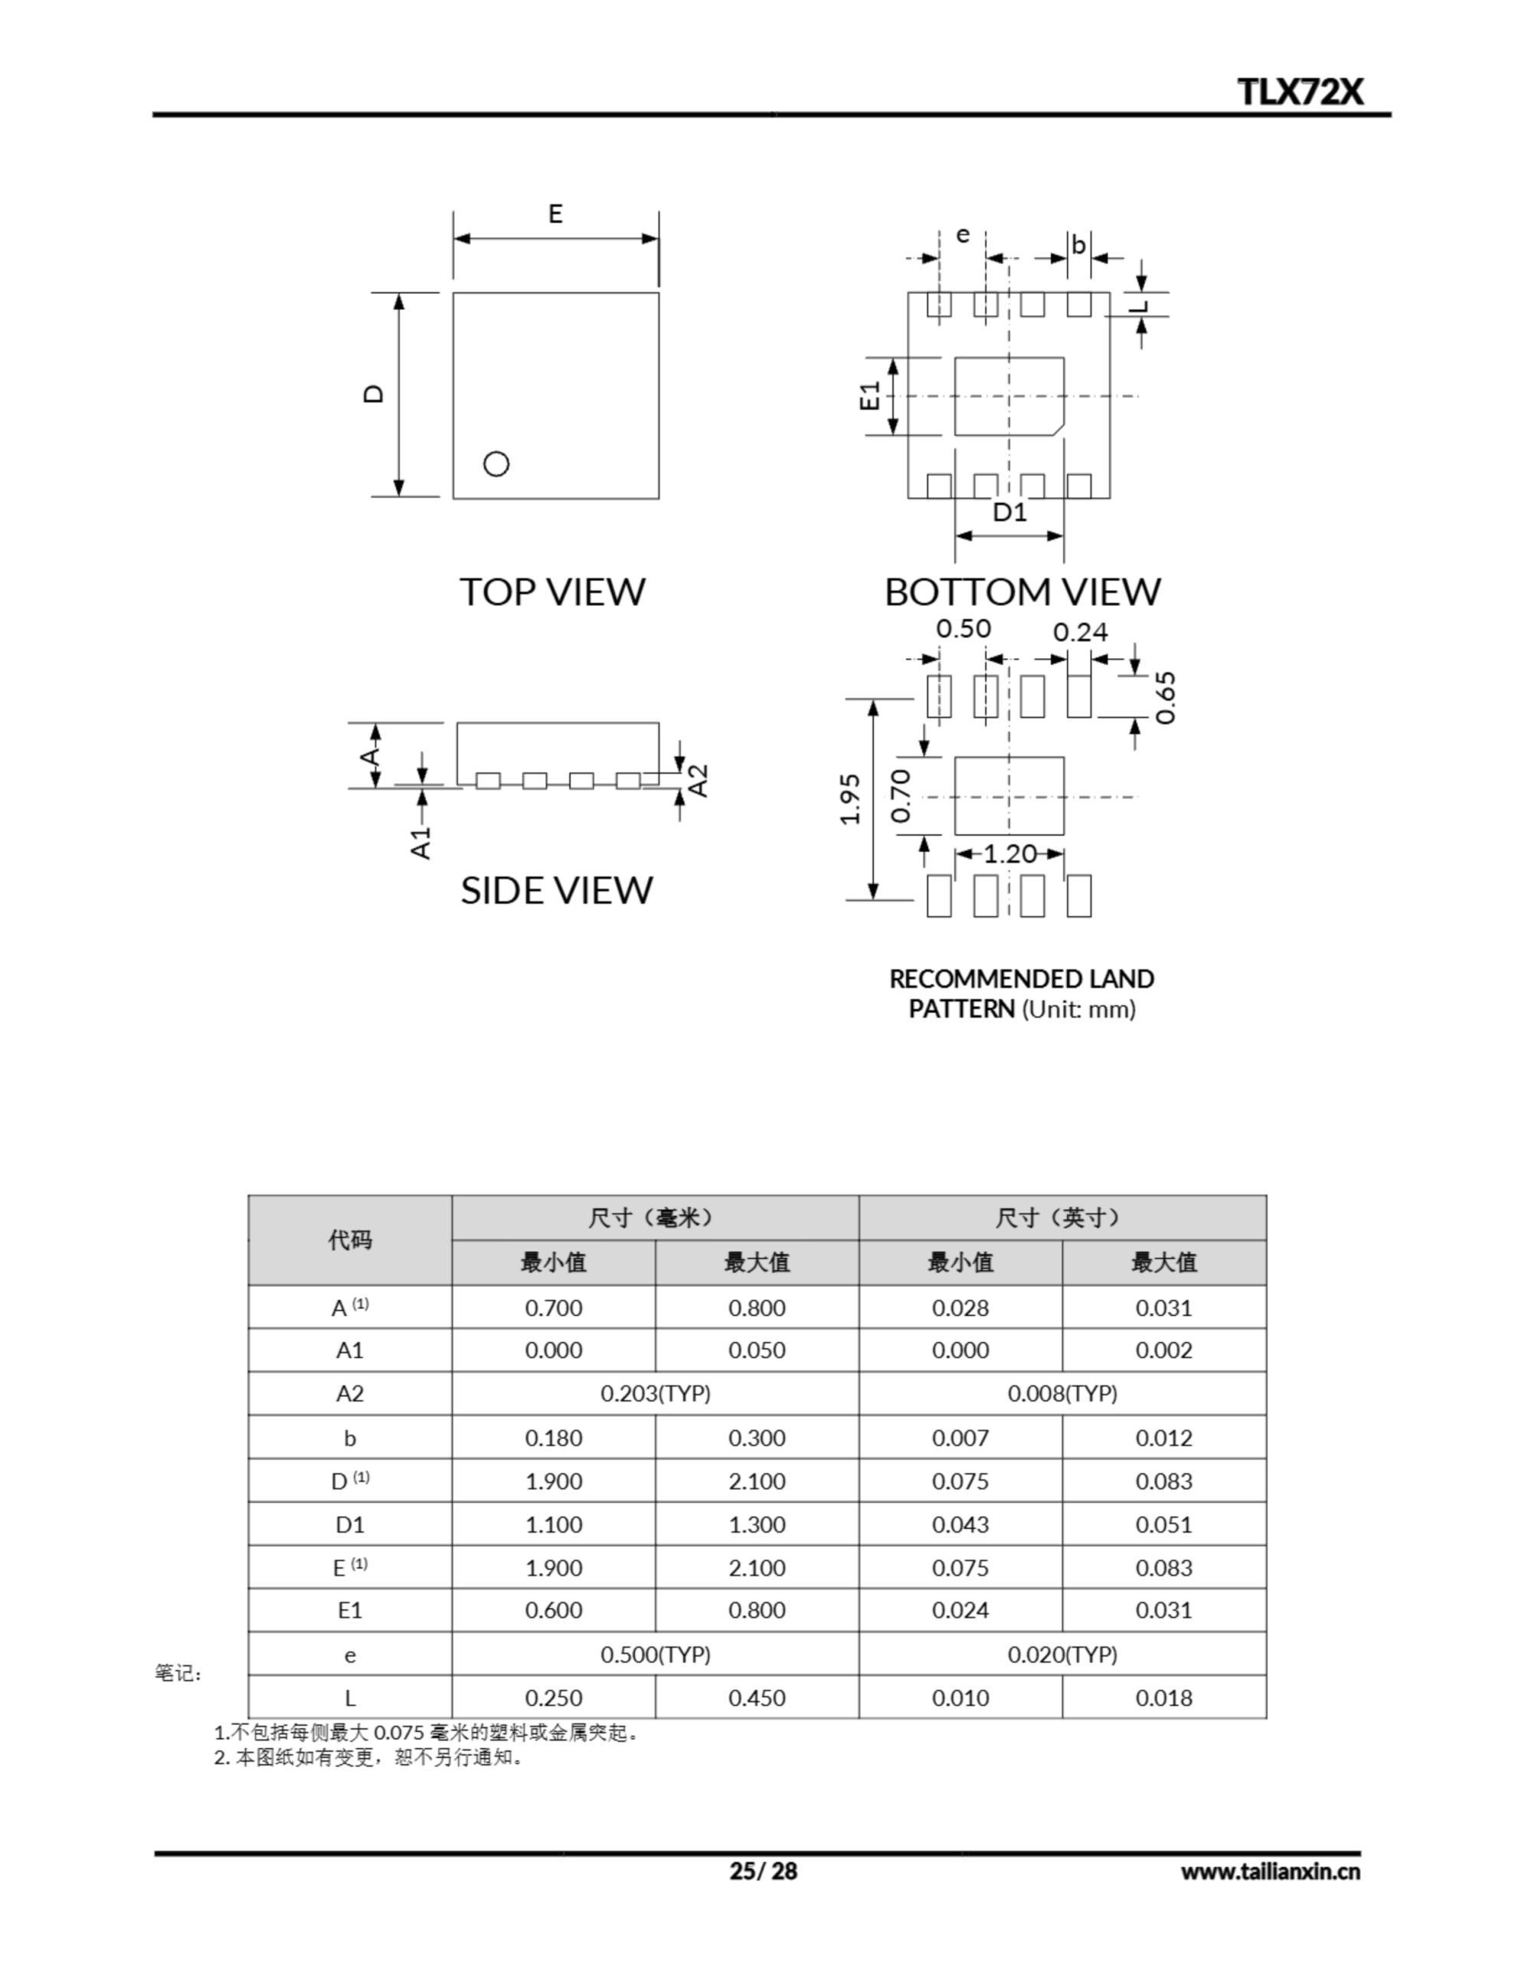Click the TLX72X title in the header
[x=1300, y=92]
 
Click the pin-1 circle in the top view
[x=496, y=463]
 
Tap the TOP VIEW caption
[x=552, y=591]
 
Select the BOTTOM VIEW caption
[x=1022, y=591]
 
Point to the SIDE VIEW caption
[x=556, y=890]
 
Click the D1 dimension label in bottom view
[x=1009, y=512]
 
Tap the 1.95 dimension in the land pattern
[x=849, y=798]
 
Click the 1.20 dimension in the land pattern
[x=1009, y=853]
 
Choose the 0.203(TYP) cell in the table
[x=655, y=1393]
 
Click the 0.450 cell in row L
[x=756, y=1698]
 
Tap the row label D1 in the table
[x=349, y=1524]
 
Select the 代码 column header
[x=349, y=1240]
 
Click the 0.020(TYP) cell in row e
[x=1062, y=1654]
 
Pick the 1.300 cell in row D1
[x=756, y=1524]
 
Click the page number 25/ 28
[x=762, y=1871]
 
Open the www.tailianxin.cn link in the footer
[x=1269, y=1872]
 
